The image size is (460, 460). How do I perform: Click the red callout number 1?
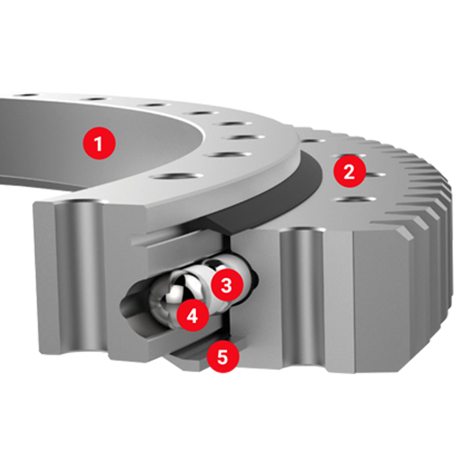(99, 143)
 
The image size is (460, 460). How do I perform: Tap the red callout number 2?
(350, 171)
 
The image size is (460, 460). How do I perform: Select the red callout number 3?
(227, 285)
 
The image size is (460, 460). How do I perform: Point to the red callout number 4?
(193, 316)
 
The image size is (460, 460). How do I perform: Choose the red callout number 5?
(223, 356)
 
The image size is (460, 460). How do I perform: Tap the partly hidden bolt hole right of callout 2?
(375, 175)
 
